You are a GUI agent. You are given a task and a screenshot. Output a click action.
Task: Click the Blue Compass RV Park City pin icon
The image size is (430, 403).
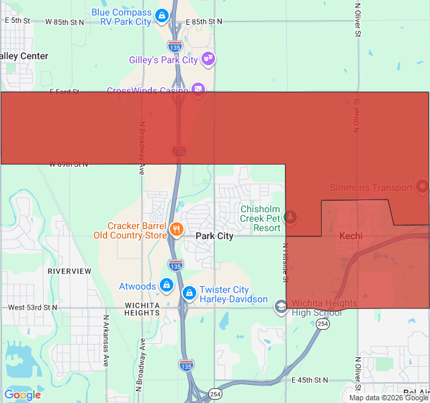[162, 15]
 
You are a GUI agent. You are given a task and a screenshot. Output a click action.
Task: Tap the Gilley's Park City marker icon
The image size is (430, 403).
[208, 59]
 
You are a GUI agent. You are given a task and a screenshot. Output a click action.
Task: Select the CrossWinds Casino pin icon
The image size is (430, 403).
[198, 89]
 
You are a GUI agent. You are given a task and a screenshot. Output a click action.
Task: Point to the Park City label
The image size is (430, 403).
[214, 236]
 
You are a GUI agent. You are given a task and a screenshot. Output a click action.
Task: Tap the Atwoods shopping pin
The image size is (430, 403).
[167, 286]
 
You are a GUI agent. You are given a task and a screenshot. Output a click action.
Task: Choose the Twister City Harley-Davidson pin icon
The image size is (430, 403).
[189, 294]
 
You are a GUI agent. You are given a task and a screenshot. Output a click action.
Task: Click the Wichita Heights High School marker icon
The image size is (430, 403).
[281, 308]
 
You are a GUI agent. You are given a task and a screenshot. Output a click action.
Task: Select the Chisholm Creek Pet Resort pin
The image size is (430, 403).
[290, 218]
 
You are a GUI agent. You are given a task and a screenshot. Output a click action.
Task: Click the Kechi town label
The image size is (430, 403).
[351, 236]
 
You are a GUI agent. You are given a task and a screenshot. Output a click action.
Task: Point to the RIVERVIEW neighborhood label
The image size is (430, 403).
[69, 271]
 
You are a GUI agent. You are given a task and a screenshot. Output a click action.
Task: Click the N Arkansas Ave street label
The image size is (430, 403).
[106, 341]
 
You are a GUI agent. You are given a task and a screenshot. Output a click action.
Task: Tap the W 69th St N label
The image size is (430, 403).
[69, 164]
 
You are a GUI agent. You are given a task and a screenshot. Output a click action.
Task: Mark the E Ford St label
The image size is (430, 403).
[64, 91]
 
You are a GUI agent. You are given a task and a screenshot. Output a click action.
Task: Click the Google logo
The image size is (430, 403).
[22, 395]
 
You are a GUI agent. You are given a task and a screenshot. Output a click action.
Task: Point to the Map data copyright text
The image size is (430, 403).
[388, 398]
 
